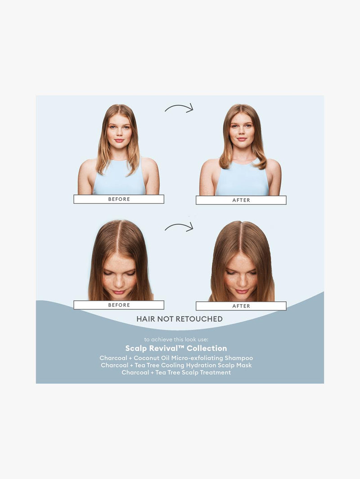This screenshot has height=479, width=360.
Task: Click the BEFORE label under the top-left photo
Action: (x=119, y=199)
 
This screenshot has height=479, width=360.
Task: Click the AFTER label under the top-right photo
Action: (x=241, y=200)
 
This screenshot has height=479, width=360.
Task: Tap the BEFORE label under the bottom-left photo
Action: (x=119, y=305)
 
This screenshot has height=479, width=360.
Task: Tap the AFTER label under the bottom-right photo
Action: (x=241, y=306)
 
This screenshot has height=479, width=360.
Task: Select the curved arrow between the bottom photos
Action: (x=179, y=227)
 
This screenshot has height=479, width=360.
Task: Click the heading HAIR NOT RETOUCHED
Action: (x=180, y=319)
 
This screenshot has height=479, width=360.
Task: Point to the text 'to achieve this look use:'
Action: (x=176, y=339)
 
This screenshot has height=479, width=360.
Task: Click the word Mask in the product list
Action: (x=244, y=365)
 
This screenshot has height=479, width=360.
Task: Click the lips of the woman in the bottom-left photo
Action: (x=119, y=292)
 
